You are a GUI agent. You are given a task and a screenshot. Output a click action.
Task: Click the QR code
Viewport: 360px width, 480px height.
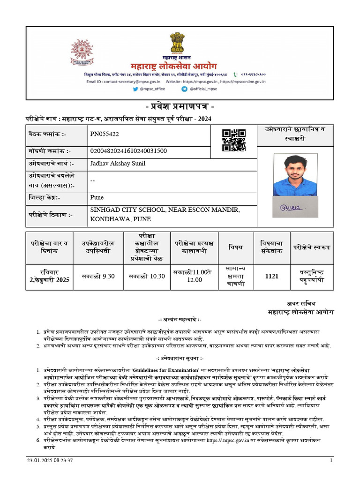click(234, 140)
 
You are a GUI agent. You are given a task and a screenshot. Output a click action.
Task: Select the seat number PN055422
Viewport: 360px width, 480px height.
click(105, 134)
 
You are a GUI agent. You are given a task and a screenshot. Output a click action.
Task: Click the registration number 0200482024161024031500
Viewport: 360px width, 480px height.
click(128, 151)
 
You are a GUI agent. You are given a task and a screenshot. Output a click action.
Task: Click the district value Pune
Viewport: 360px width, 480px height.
click(97, 197)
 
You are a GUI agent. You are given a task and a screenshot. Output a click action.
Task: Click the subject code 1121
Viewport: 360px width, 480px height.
click(271, 277)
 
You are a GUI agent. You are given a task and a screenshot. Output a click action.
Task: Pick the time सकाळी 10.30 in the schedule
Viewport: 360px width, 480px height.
click(147, 277)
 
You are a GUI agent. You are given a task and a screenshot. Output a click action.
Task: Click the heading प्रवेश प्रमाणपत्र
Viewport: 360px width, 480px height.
click(180, 105)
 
